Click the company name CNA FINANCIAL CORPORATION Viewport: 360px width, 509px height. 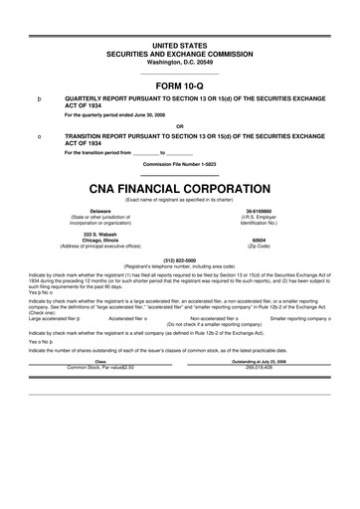(x=179, y=187)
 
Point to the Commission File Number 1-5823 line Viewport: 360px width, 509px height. (x=179, y=164)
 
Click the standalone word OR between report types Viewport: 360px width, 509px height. (x=179, y=125)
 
